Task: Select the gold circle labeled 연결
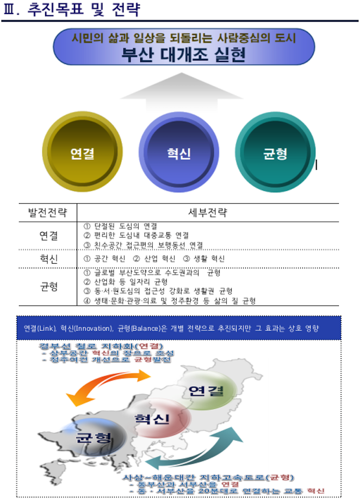point(82,153)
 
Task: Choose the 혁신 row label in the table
point(48,259)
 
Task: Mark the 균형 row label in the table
point(48,287)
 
